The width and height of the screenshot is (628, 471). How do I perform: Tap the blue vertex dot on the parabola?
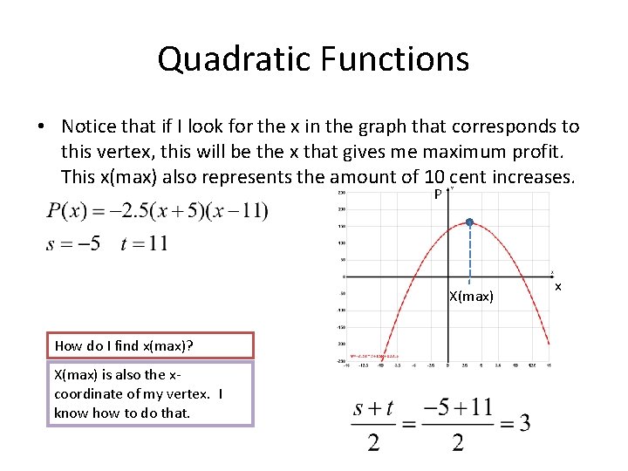coord(469,223)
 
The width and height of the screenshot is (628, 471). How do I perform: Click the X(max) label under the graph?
coord(471,297)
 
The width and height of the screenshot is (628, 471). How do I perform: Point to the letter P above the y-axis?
coord(438,194)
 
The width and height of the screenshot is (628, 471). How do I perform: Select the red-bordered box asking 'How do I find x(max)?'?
coord(150,345)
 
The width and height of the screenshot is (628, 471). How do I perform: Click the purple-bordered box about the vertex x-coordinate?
coord(149,394)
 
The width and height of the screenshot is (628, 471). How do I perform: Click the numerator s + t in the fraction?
coord(372,407)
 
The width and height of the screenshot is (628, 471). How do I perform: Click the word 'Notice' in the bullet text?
coord(91,127)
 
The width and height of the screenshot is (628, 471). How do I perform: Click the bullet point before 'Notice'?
coord(41,127)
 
